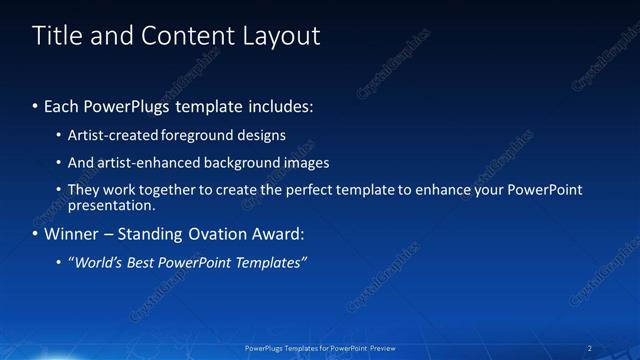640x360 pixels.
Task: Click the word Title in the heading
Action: [x=56, y=36]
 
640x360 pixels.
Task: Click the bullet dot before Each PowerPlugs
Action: [x=36, y=105]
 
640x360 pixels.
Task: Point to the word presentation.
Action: [x=111, y=206]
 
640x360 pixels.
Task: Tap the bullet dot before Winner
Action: [x=36, y=234]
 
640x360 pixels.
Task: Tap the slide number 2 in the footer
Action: [x=590, y=348]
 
